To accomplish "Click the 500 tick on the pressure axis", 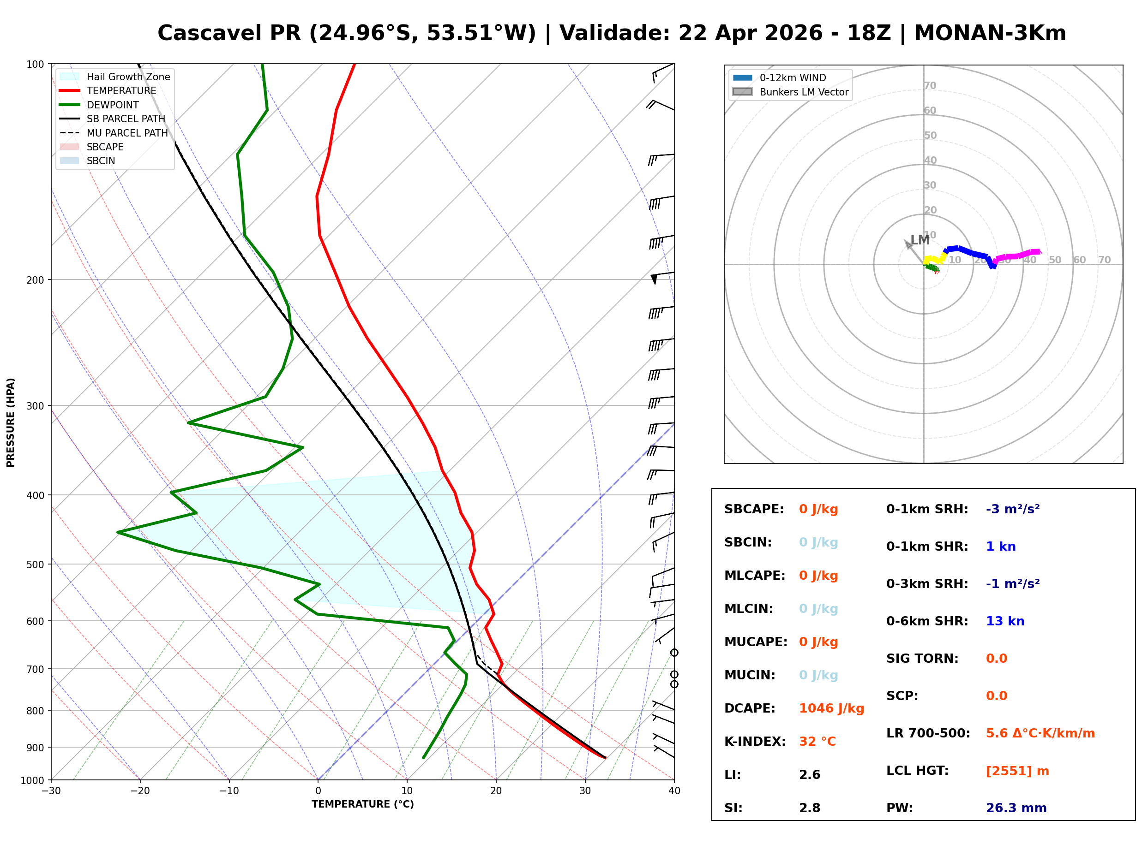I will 35,565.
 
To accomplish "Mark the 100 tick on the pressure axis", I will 35,65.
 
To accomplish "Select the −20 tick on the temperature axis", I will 139,791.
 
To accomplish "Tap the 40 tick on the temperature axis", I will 674,791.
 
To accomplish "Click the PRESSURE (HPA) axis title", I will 11,422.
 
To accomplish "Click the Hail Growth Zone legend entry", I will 128,77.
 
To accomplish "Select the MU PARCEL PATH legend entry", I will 127,133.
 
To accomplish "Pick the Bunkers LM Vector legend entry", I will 804,92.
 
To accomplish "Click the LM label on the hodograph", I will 920,240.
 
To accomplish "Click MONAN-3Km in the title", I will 990,33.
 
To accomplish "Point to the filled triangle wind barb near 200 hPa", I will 654,279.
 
